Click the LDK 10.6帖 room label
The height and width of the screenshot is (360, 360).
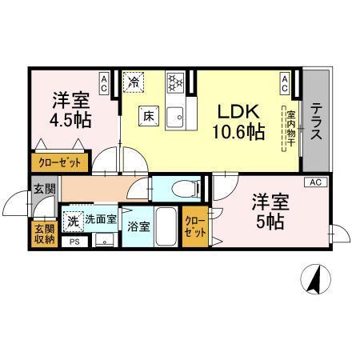tap(238, 122)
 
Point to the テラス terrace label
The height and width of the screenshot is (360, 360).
tap(316, 121)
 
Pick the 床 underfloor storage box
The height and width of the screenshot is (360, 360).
tap(148, 115)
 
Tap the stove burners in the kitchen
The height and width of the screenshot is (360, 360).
tap(175, 82)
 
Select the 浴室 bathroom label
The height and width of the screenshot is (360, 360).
tap(138, 227)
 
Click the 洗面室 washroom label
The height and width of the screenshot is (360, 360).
tap(101, 219)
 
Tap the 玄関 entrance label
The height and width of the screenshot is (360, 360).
tap(45, 190)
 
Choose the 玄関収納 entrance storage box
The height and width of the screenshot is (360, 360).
tap(44, 234)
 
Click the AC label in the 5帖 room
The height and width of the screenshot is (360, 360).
tap(315, 182)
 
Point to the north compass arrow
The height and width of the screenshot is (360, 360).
tap(314, 280)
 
